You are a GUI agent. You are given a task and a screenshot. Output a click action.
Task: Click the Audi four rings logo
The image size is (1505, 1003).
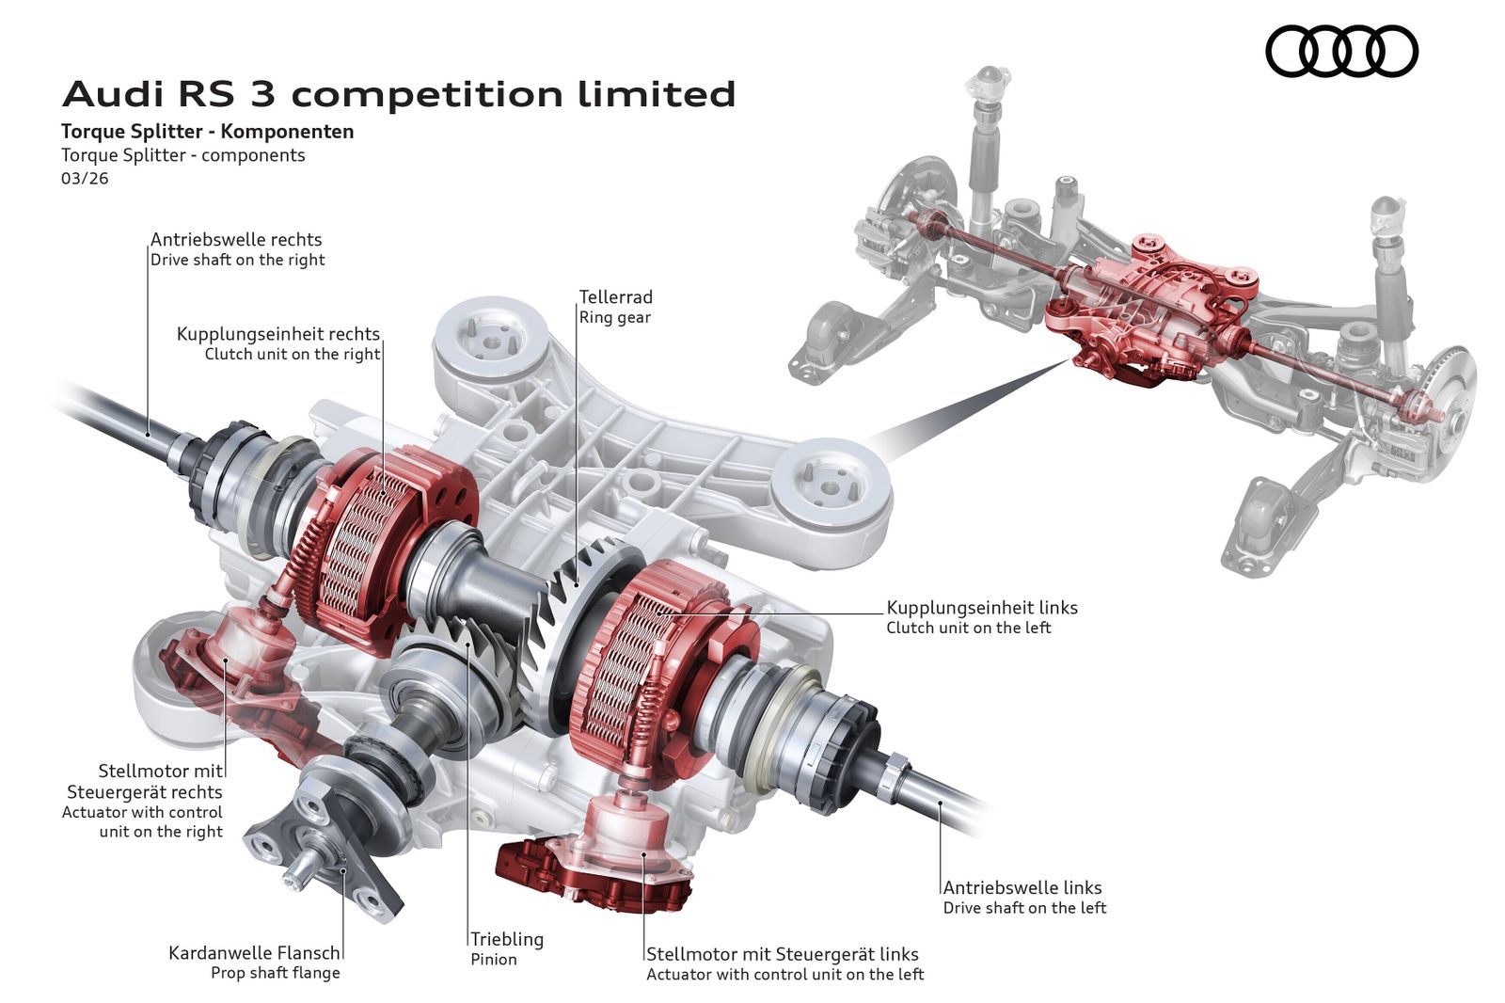point(1341,51)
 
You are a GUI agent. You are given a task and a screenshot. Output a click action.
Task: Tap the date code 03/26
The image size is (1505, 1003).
point(85,178)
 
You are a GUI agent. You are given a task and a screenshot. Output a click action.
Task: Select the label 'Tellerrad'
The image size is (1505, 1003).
point(615,297)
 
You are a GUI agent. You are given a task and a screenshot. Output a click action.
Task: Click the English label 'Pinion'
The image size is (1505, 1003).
point(494,960)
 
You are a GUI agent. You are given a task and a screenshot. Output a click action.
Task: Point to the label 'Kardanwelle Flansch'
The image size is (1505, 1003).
point(254,953)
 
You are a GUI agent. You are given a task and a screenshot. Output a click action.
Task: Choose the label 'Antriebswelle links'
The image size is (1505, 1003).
point(1022,887)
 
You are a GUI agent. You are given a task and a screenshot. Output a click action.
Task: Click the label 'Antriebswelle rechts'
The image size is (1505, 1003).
point(236,240)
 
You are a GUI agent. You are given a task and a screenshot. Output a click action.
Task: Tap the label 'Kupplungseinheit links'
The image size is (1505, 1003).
point(982,608)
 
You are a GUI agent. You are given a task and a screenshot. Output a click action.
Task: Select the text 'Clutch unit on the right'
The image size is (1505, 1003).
point(293,355)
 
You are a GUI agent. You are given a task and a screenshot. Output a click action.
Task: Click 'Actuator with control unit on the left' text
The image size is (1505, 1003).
point(785,975)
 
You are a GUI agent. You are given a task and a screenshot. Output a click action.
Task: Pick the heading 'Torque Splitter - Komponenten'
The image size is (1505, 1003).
point(208,132)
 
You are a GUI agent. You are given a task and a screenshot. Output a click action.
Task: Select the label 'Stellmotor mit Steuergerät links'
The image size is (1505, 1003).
point(783,954)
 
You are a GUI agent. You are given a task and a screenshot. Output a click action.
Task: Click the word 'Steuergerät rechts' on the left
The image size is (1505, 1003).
point(145,792)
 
